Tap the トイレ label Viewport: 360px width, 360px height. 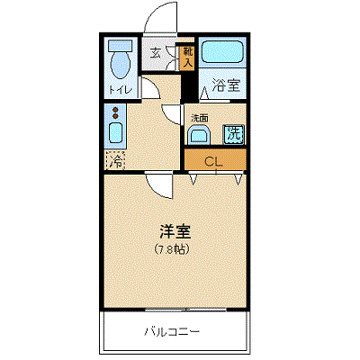[x=120, y=90]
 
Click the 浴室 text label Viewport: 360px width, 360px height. [x=226, y=87]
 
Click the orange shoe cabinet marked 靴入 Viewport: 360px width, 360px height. [x=188, y=58]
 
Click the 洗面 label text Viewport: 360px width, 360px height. [x=199, y=118]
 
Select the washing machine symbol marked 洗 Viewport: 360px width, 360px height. [x=233, y=135]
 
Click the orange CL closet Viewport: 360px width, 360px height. [x=214, y=162]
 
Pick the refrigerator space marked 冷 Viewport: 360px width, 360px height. [x=114, y=161]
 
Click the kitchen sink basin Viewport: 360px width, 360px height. [x=115, y=135]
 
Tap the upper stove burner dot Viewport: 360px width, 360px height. [x=115, y=110]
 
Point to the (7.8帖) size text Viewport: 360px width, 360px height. [x=171, y=247]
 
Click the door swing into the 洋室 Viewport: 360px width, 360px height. [x=160, y=184]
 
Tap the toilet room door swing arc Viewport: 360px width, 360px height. [x=148, y=87]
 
